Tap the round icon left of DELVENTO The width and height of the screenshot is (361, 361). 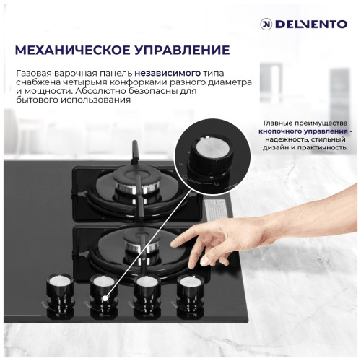(x=266, y=24)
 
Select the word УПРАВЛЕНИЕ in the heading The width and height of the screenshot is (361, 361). (x=183, y=50)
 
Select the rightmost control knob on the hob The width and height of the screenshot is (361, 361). (x=190, y=285)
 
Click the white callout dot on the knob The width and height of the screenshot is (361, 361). (x=105, y=296)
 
